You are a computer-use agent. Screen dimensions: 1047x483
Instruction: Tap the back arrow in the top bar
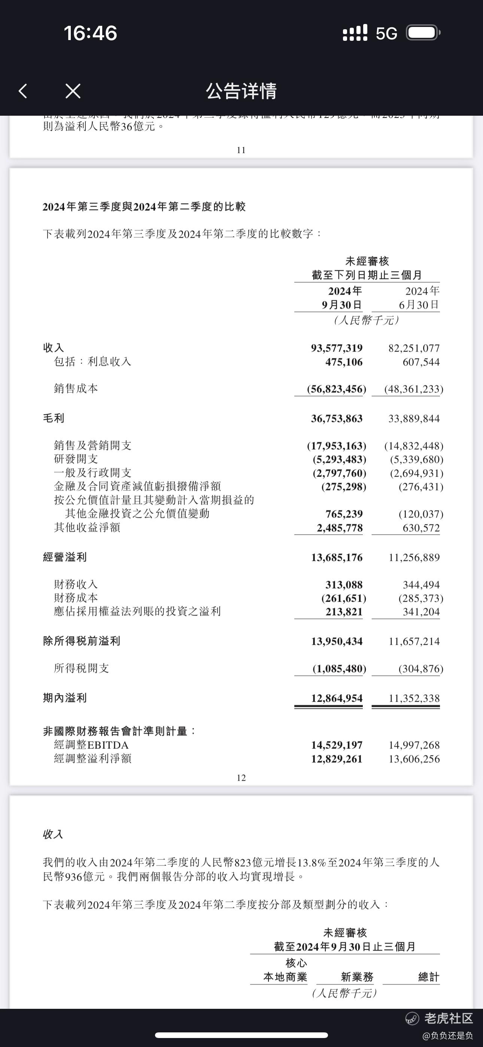coord(23,91)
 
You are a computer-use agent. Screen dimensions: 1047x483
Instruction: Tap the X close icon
coord(73,91)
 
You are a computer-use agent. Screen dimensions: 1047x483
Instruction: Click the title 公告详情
coord(241,91)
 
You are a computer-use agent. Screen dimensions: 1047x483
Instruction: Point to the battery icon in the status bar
coord(423,33)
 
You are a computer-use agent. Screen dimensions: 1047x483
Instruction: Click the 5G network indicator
coord(386,33)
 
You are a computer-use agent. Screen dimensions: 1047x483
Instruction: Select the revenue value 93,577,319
coord(337,348)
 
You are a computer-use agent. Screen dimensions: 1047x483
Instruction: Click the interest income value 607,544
coord(421,362)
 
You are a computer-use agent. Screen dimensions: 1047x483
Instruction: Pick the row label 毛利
coord(54,418)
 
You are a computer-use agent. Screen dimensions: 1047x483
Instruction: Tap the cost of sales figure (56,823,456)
coord(336,389)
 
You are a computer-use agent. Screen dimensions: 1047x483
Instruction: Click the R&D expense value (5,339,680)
coord(416,459)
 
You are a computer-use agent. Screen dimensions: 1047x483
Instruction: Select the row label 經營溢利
coord(65,557)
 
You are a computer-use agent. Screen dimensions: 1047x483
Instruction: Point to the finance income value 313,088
coord(344,585)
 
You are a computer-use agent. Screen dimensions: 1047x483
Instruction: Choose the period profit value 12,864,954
coord(337,698)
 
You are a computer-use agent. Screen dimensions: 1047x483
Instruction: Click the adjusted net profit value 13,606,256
coord(414,759)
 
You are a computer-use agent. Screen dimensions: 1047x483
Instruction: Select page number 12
coord(241,777)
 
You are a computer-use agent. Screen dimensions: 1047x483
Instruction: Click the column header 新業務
coord(357,977)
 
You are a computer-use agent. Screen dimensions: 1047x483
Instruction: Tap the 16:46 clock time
coord(90,33)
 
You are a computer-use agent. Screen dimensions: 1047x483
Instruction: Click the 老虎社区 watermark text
coord(449,1018)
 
